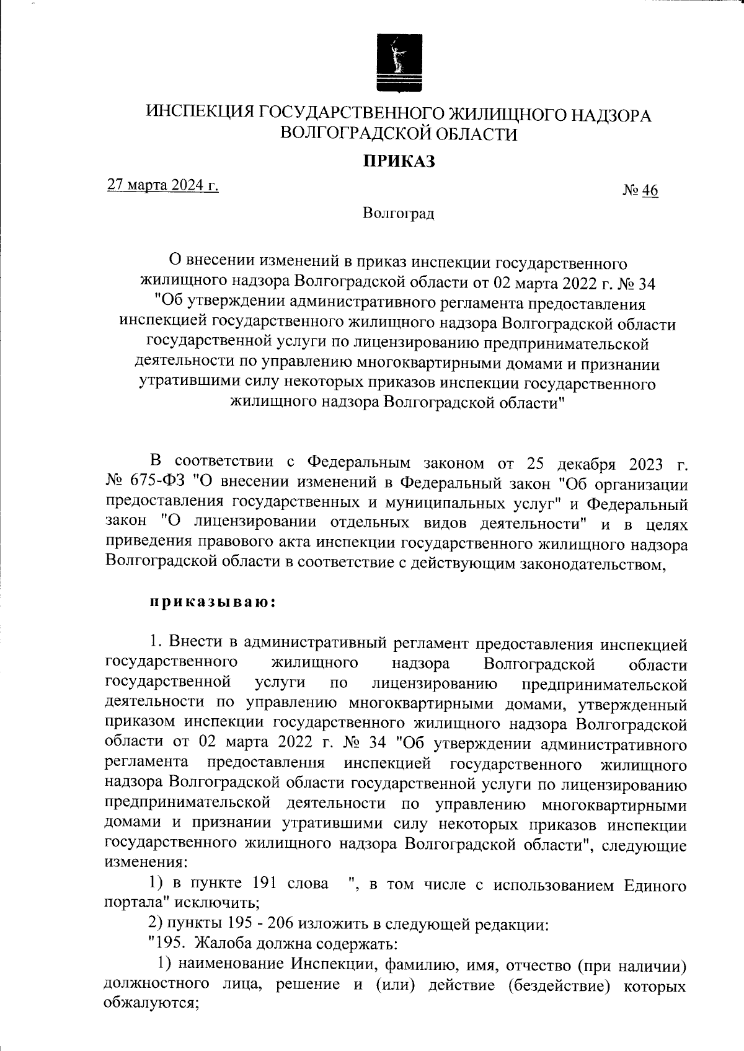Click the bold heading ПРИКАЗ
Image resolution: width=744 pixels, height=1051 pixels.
click(399, 162)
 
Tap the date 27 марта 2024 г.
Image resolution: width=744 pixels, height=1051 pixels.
click(162, 185)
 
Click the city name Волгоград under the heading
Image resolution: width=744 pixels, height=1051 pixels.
click(399, 214)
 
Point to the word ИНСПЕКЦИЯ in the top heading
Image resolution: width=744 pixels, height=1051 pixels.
click(200, 114)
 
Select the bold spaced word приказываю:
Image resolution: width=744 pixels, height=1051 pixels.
click(211, 602)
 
